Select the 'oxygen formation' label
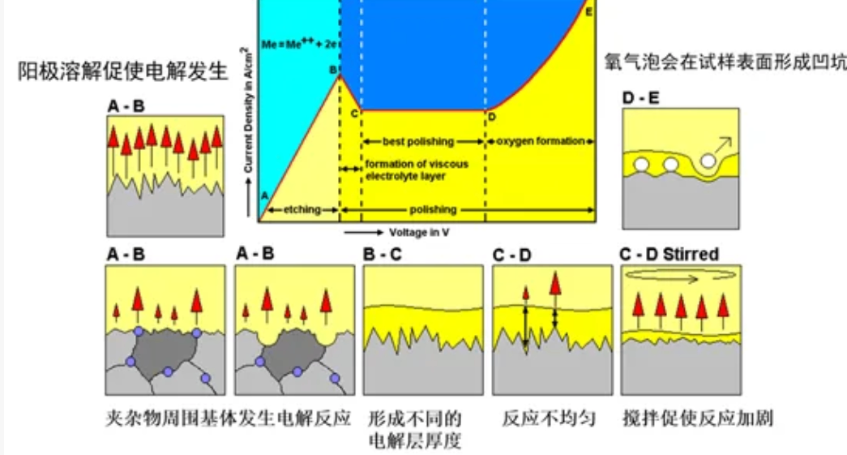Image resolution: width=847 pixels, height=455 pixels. pos(539,141)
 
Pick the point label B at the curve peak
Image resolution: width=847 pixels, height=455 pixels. pos(332,71)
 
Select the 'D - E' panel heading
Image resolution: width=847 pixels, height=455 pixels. pos(640,99)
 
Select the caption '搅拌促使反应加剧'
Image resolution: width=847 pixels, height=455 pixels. pos(696,419)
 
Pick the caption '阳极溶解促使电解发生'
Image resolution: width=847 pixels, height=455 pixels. pos(123,71)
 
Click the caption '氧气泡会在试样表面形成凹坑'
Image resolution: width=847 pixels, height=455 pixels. pos(724,62)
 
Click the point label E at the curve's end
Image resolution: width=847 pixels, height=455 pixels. pos(588,11)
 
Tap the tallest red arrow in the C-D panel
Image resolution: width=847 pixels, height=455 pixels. pos(555,284)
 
